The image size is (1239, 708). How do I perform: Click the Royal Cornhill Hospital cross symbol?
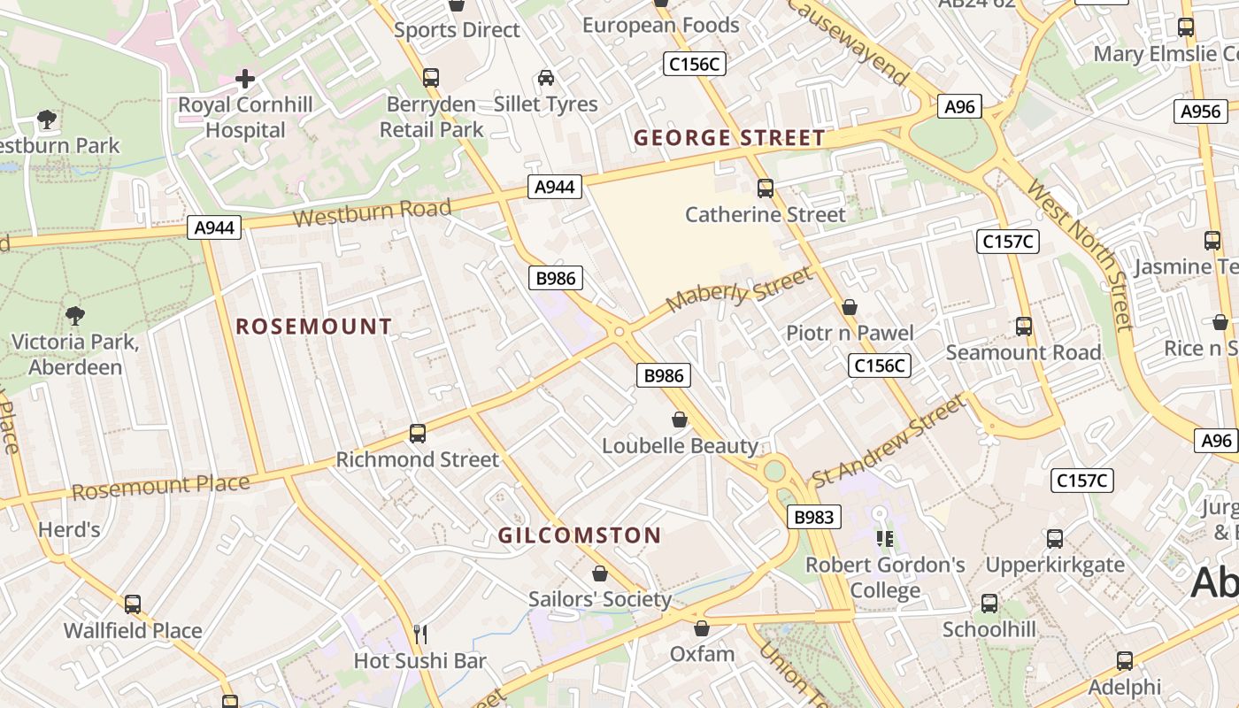[245, 79]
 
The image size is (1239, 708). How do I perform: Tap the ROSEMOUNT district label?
[313, 327]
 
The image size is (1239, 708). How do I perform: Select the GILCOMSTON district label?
[580, 535]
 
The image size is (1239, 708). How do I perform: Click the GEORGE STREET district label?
[729, 138]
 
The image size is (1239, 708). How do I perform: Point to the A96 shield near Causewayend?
[959, 107]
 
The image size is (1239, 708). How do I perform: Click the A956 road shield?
[1201, 112]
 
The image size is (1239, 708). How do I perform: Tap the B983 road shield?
[813, 518]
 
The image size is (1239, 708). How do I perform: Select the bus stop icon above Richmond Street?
[418, 434]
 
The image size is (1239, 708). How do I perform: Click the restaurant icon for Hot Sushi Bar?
[420, 634]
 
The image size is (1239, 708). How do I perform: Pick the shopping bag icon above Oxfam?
[702, 628]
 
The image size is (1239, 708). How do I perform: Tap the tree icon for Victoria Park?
[75, 315]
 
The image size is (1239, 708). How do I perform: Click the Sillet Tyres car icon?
[546, 78]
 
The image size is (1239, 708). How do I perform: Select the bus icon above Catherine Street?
[766, 188]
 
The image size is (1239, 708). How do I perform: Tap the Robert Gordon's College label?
[885, 577]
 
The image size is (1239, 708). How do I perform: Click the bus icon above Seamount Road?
[1024, 326]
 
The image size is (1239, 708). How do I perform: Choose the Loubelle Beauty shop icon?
[680, 419]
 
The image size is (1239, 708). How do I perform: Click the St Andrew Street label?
[888, 441]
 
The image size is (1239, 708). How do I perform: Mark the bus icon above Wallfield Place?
[133, 604]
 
